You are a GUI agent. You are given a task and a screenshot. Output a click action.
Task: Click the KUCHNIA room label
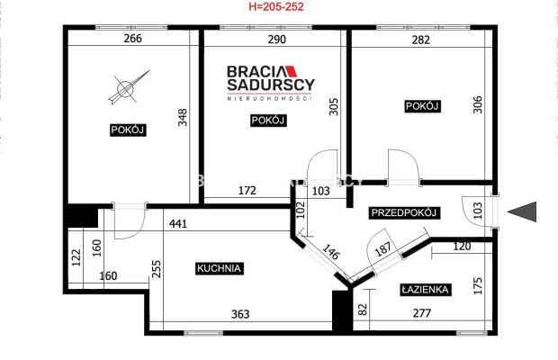(x=220, y=268)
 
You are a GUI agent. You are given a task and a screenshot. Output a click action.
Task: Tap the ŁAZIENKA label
(x=425, y=290)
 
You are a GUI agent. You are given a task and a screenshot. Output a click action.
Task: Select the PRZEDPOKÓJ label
(x=404, y=212)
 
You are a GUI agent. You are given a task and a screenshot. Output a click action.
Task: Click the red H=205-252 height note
(x=276, y=6)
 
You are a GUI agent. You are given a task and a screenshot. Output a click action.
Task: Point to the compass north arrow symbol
(x=129, y=87)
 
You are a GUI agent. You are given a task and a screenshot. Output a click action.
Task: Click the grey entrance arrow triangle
(x=522, y=211)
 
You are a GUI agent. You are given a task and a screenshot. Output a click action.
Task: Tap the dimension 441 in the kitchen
(x=178, y=224)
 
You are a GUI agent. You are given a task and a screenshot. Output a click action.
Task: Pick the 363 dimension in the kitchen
(x=240, y=314)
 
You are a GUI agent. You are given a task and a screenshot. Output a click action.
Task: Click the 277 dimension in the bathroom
(x=422, y=313)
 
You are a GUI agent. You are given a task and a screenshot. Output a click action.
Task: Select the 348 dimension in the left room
(x=183, y=117)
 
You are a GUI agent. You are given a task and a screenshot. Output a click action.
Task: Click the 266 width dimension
(x=132, y=38)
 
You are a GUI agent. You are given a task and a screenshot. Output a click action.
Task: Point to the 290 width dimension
(x=276, y=39)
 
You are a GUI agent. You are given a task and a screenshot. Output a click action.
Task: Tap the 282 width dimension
(x=421, y=40)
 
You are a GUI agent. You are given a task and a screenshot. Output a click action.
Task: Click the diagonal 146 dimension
(x=331, y=252)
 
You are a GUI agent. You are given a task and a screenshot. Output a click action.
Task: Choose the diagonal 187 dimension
(x=382, y=249)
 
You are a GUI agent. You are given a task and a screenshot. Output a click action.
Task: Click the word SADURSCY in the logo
(x=271, y=85)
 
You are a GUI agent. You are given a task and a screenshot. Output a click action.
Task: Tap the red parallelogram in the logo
(x=291, y=71)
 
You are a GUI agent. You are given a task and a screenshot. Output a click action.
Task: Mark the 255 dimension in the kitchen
(x=157, y=269)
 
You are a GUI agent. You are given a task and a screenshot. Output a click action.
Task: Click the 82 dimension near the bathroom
(x=363, y=309)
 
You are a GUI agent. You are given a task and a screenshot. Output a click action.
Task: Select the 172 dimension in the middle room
(x=247, y=191)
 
